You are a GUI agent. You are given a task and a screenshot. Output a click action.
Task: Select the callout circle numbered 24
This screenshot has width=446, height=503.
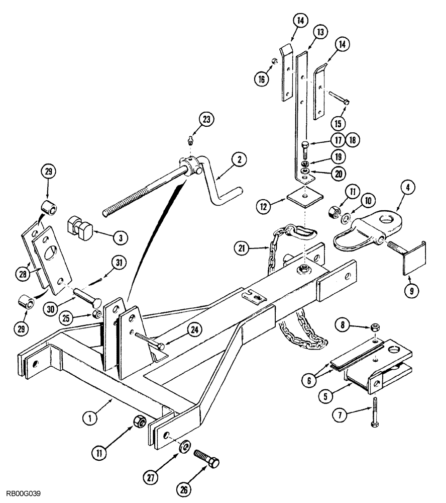pyautogui.click(x=194, y=330)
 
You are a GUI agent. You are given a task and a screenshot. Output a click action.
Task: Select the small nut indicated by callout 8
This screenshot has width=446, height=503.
pyautogui.click(x=375, y=328)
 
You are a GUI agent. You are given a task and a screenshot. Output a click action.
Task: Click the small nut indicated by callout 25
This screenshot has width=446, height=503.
pyautogui.click(x=98, y=315)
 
